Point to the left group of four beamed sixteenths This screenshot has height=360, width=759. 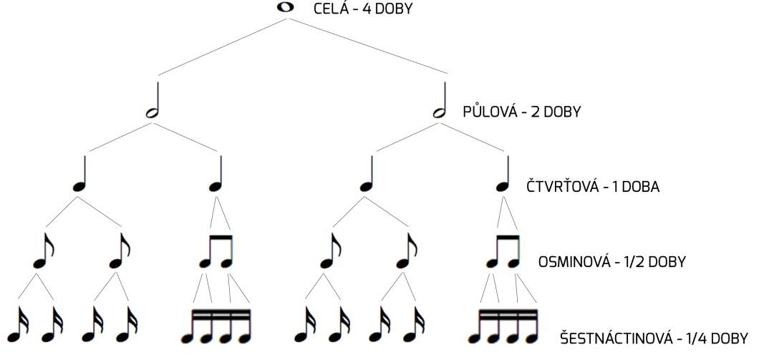click(x=216, y=326)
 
